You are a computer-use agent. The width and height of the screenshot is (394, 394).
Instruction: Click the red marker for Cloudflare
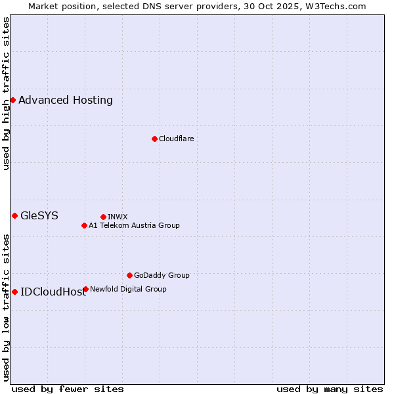[x=154, y=139]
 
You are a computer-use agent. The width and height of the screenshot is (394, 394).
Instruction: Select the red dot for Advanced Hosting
[x=12, y=100]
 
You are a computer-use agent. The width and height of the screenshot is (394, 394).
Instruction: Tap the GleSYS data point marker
[x=14, y=215]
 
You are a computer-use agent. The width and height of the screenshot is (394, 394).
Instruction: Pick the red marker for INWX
[x=103, y=217]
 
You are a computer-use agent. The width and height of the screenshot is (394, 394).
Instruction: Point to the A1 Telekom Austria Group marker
[x=84, y=225]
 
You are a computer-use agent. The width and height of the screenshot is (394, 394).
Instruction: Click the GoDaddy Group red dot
[x=129, y=275]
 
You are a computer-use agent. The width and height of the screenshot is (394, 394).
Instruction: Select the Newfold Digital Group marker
[x=85, y=289]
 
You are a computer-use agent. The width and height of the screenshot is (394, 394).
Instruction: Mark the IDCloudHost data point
[x=14, y=292]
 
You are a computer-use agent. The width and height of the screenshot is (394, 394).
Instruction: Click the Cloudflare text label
[x=176, y=139]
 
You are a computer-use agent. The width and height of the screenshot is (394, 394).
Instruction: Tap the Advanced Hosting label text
[x=66, y=100]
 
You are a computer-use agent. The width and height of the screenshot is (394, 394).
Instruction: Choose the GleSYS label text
[x=39, y=215]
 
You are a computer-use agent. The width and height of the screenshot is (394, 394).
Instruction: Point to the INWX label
[x=118, y=217]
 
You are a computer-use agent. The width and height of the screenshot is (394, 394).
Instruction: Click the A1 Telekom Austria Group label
[x=134, y=225]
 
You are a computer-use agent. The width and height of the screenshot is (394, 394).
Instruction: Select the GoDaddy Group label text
[x=162, y=275]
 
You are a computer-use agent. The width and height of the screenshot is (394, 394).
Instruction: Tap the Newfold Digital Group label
[x=128, y=289]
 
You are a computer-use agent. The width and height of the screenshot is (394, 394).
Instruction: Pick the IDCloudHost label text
[x=53, y=292]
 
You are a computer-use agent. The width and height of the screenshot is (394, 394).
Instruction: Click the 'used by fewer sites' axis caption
[x=68, y=389]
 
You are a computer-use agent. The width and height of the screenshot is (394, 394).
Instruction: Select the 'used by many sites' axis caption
[x=330, y=389]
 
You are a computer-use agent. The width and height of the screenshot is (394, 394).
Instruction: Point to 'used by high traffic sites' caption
[x=6, y=93]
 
